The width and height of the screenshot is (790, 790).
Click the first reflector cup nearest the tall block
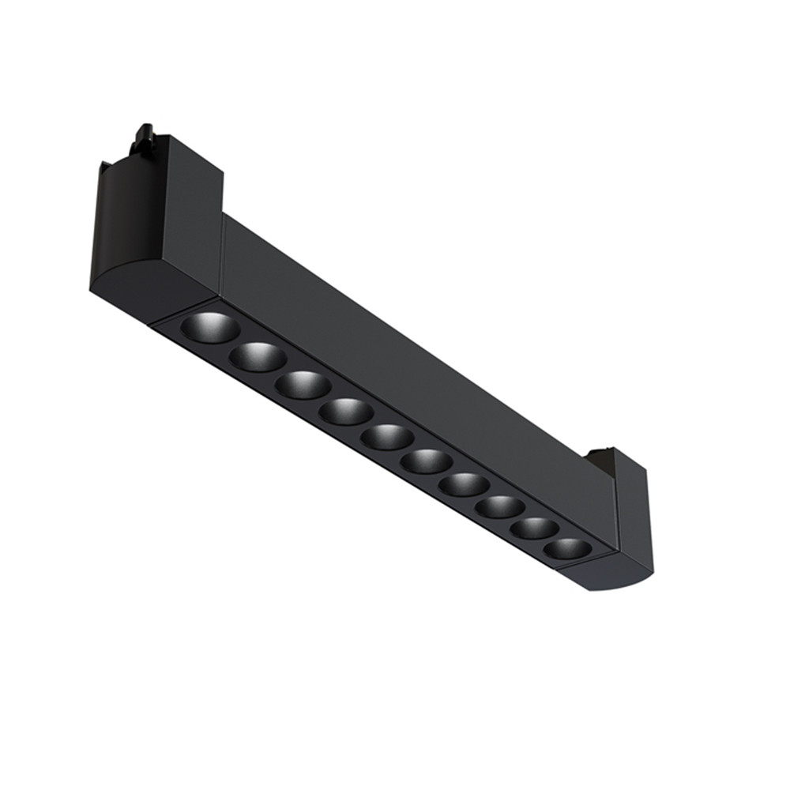(x=209, y=327)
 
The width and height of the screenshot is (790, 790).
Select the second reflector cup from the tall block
(x=258, y=357)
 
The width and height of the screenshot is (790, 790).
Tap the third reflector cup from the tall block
(x=303, y=385)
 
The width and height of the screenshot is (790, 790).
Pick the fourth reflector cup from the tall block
(x=346, y=412)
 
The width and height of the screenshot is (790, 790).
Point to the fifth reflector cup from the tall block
(x=387, y=437)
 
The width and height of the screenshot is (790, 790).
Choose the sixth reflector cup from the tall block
(x=426, y=461)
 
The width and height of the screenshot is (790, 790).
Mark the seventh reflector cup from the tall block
(x=464, y=484)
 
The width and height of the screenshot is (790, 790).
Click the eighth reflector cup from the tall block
(x=500, y=506)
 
